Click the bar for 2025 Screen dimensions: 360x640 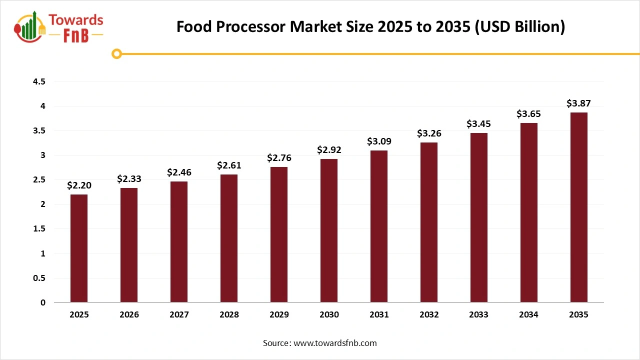pos(79,248)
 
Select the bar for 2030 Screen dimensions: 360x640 pos(329,230)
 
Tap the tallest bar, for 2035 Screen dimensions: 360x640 pos(579,207)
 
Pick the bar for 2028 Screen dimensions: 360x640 pos(229,238)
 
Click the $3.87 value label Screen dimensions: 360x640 pos(579,103)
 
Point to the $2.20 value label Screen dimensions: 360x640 pos(79,185)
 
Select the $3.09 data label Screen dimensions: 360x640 pos(379,141)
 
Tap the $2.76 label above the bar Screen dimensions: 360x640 pos(279,158)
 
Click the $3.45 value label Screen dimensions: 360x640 pos(479,123)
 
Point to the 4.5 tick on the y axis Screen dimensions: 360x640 pos(39,81)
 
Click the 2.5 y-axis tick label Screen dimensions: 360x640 pos(39,180)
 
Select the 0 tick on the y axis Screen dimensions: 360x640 pos(43,302)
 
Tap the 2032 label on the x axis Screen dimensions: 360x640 pos(429,315)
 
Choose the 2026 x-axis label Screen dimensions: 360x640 pos(129,315)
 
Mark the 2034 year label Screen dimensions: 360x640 pos(529,315)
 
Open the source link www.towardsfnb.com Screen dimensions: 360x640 pos(334,343)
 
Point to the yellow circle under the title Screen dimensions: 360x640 pos(117,54)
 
